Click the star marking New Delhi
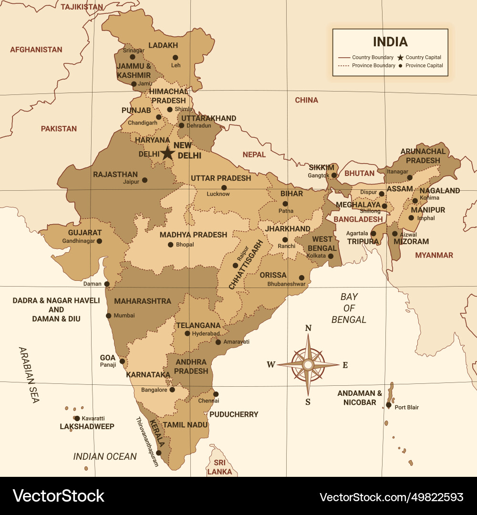pos(167,153)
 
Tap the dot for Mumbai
pos(109,316)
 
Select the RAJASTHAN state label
pos(115,175)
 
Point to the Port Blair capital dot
pos(389,405)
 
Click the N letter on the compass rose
pos(308,328)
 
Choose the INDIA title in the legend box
pos(390,41)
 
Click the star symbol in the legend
pos(400,58)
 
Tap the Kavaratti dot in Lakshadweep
pos(77,419)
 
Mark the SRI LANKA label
pos(219,467)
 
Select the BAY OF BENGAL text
pos(349,308)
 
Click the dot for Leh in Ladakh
pos(176,57)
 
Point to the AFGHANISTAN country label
pos(36,50)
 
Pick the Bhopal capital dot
pos(170,245)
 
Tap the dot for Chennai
pos(216,394)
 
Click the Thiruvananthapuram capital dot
pos(158,453)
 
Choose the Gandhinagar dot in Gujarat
pos(99,241)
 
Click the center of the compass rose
pos(308,365)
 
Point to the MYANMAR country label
pos(434,255)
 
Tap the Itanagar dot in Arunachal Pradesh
pos(409,177)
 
